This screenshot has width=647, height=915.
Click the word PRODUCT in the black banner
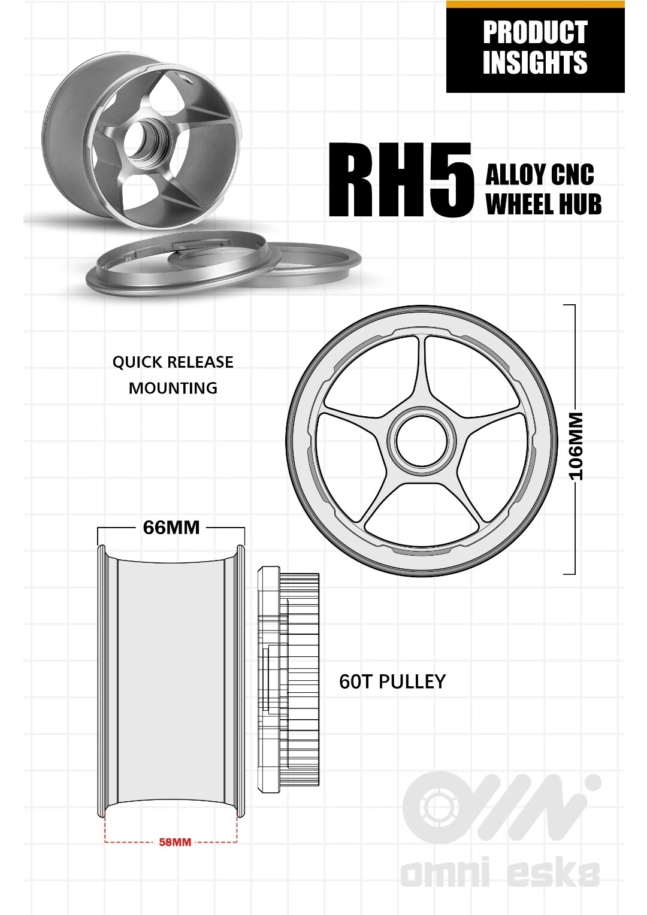pyautogui.click(x=534, y=32)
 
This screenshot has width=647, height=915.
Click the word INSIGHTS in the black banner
pyautogui.click(x=534, y=63)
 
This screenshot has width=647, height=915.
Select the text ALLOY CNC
pyautogui.click(x=539, y=175)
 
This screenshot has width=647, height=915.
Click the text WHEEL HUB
pyautogui.click(x=543, y=204)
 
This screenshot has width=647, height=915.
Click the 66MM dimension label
pyautogui.click(x=171, y=528)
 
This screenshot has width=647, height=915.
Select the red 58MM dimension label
pyautogui.click(x=175, y=842)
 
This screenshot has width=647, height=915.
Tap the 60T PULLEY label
pyautogui.click(x=392, y=681)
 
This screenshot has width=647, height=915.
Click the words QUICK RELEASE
pyautogui.click(x=173, y=362)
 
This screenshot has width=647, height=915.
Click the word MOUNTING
pyautogui.click(x=173, y=388)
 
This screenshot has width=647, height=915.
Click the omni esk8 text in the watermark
pyautogui.click(x=500, y=874)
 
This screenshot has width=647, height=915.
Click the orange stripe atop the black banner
pyautogui.click(x=535, y=4)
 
